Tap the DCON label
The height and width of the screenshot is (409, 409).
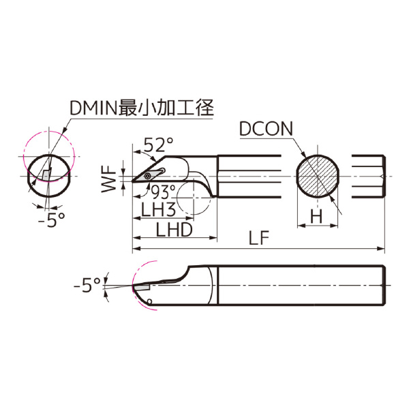click(267, 129)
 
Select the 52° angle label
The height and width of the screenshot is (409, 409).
click(158, 145)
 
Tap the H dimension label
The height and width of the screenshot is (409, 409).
click(316, 216)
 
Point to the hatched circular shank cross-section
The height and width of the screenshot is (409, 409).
click(317, 175)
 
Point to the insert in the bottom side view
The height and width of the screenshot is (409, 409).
click(142, 288)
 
